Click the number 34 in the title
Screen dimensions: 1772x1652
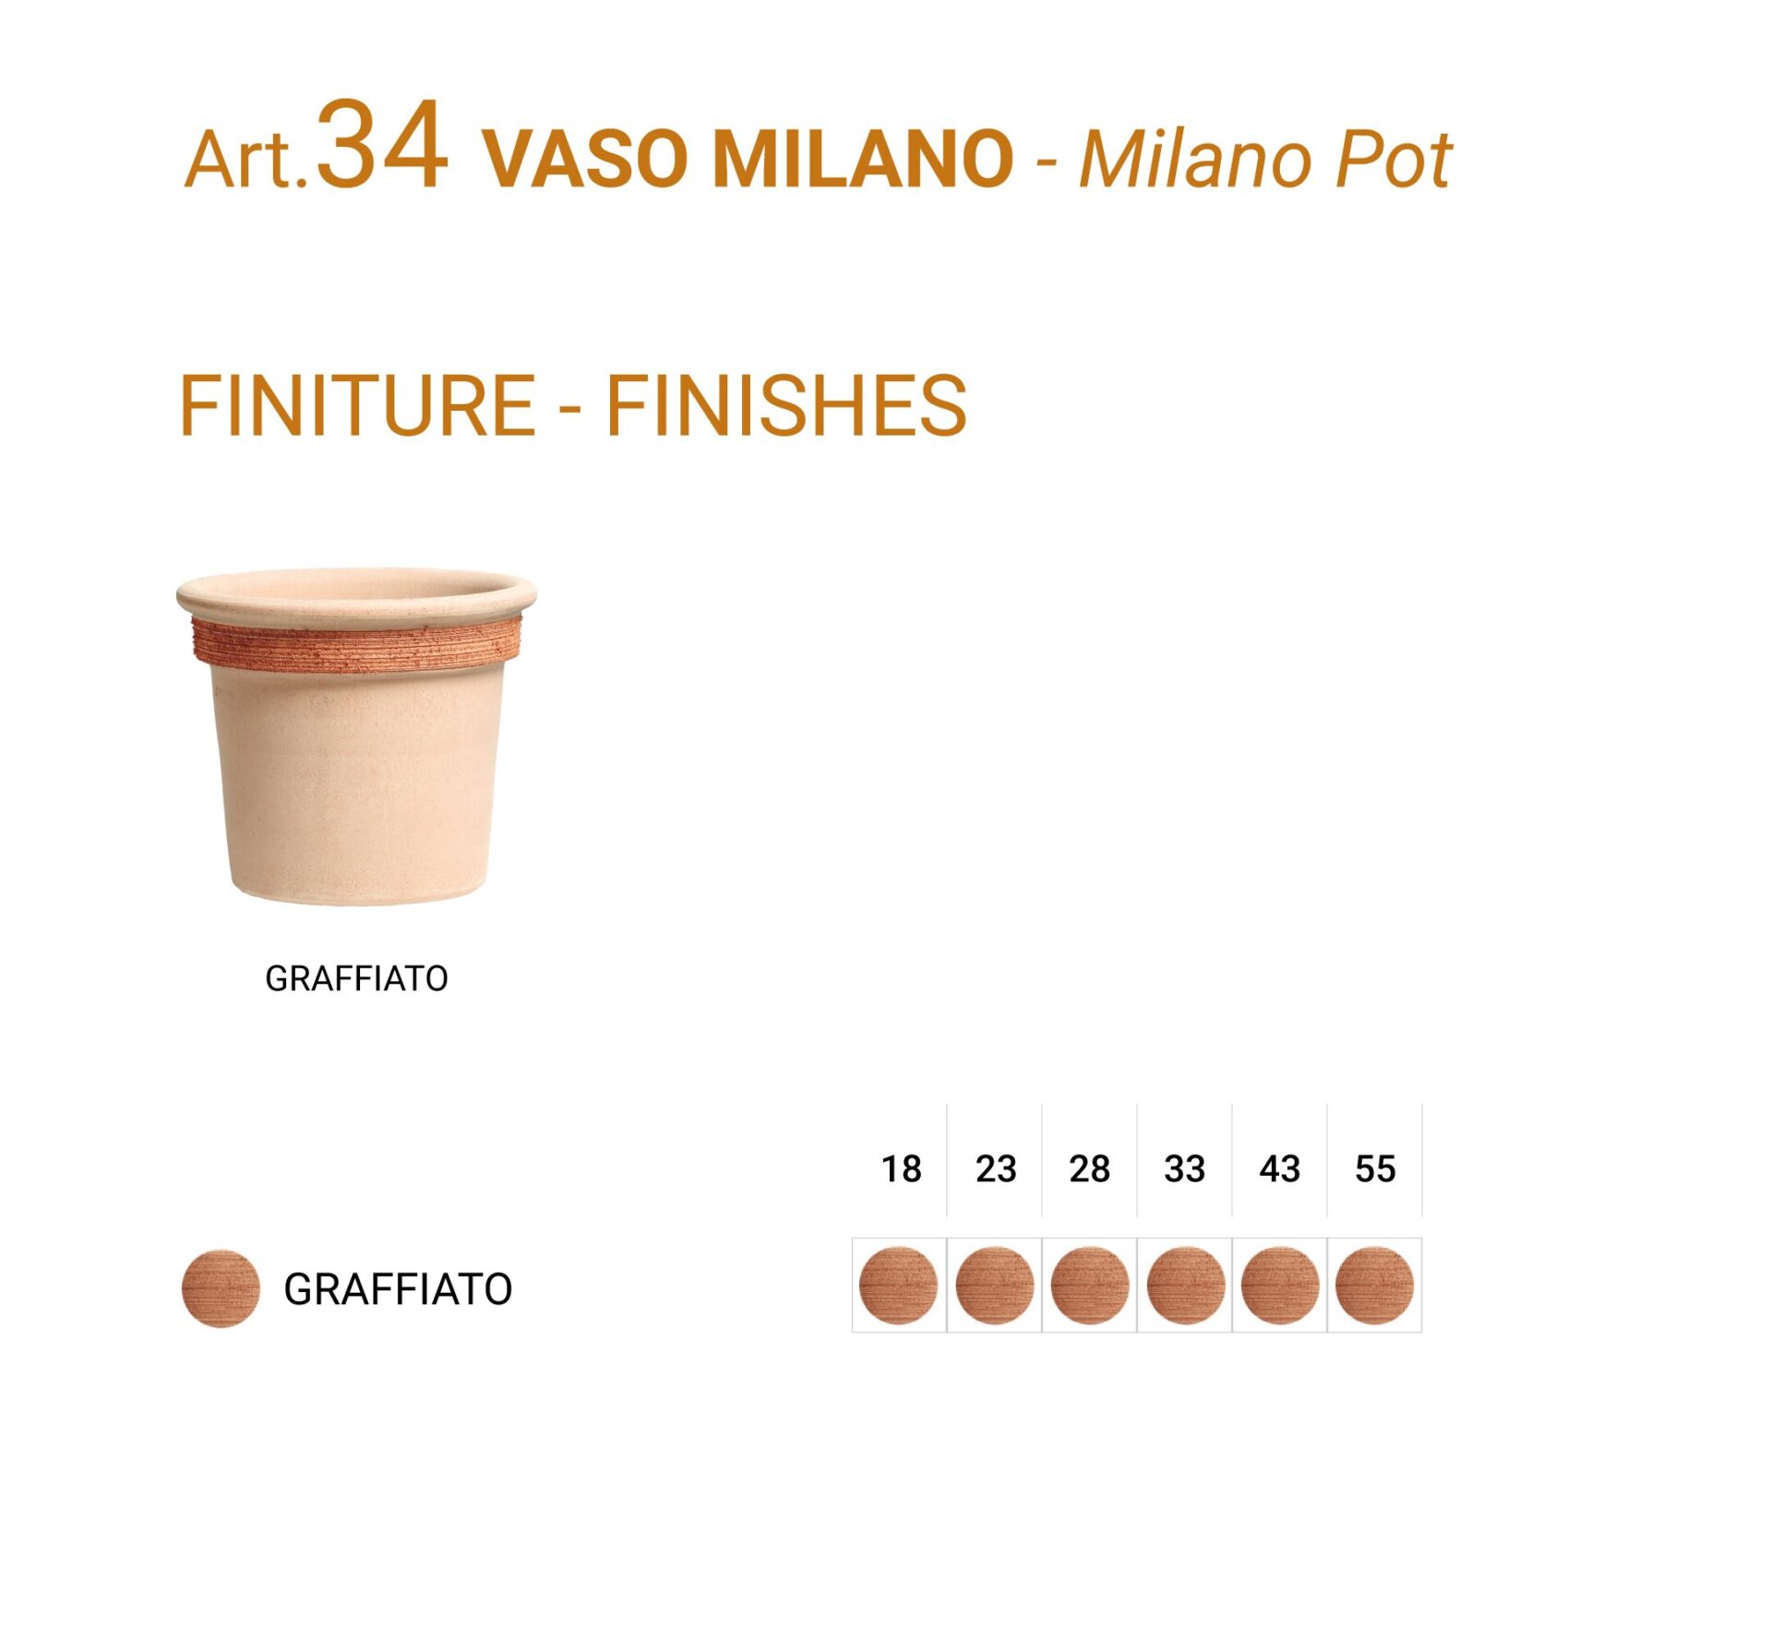coord(382,145)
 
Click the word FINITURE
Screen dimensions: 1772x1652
coord(357,405)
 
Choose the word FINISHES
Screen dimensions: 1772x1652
coord(785,405)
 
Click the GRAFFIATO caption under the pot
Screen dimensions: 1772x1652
coord(356,979)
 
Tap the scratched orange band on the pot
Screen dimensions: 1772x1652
coord(356,644)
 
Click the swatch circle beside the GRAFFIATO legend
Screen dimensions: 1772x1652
coord(220,1289)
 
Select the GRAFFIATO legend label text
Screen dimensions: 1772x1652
coord(398,1290)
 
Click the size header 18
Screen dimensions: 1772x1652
coord(901,1169)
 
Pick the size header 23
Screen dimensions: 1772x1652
coord(996,1169)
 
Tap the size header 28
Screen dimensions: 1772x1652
coord(1090,1169)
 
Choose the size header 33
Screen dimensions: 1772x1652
coord(1185,1169)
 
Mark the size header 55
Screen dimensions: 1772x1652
coord(1375,1169)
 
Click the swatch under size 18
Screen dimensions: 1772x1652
coord(899,1286)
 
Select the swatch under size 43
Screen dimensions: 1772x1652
coord(1280,1286)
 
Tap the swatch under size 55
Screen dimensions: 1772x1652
coord(1375,1286)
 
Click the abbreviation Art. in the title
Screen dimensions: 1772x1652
coord(246,160)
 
